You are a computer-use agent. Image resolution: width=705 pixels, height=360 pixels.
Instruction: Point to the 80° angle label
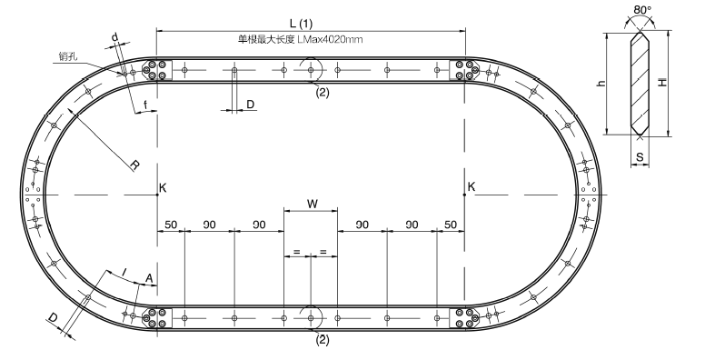(642, 10)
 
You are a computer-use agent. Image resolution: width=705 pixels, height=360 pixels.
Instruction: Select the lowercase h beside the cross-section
(602, 83)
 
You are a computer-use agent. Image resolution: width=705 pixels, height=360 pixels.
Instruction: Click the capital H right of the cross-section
(663, 82)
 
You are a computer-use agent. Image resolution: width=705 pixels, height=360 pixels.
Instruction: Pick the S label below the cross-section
(640, 157)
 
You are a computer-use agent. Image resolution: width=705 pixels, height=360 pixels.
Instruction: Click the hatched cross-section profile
(640, 83)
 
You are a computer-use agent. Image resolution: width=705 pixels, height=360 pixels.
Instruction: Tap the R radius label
(134, 165)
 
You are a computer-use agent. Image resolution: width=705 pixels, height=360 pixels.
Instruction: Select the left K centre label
(163, 187)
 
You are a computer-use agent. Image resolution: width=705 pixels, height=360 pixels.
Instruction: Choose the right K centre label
(472, 186)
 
